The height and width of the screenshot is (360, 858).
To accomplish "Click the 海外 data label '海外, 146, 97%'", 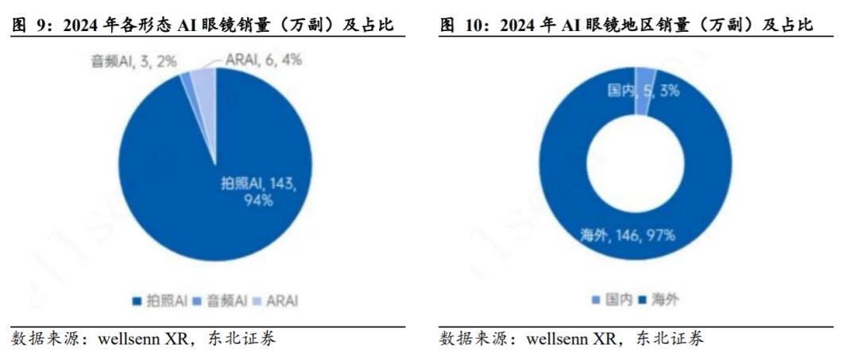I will point(628,235).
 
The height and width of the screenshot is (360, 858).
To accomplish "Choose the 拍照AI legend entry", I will point(159,300).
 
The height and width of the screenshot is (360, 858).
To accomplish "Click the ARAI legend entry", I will point(277,300).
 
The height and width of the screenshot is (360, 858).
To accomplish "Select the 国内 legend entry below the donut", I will point(612,300).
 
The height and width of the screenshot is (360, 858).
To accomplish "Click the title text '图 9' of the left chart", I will point(31,25).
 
